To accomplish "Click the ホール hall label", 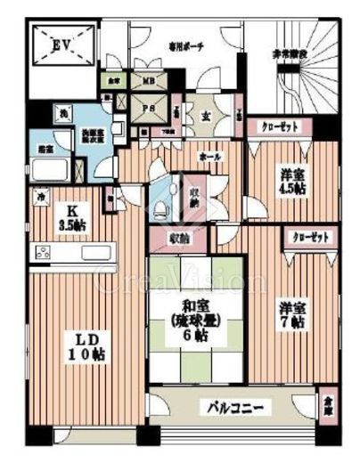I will click(210, 156).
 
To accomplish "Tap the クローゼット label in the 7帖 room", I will click(308, 238).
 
